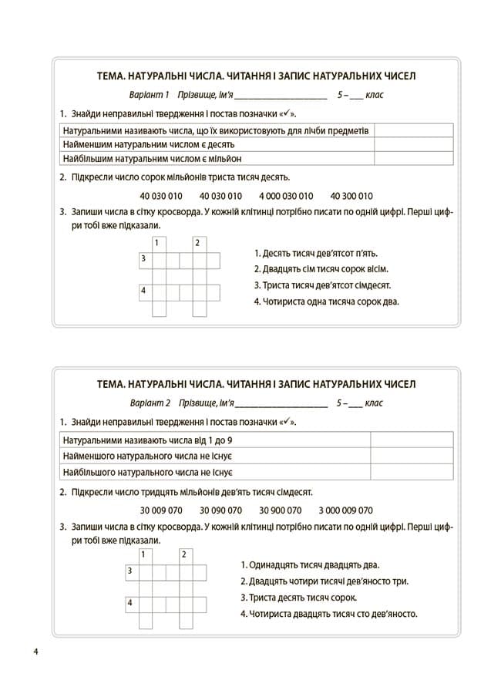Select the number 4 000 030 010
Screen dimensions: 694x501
pyautogui.click(x=286, y=195)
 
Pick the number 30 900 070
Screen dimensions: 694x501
pyautogui.click(x=280, y=510)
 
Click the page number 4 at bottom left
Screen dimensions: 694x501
pyautogui.click(x=36, y=653)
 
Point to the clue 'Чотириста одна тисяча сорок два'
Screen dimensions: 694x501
pyautogui.click(x=326, y=302)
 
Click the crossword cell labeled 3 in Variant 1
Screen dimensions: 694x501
pyautogui.click(x=145, y=260)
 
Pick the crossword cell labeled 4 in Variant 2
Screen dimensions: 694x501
pyautogui.click(x=132, y=603)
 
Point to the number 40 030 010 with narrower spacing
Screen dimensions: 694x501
pyautogui.click(x=220, y=195)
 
